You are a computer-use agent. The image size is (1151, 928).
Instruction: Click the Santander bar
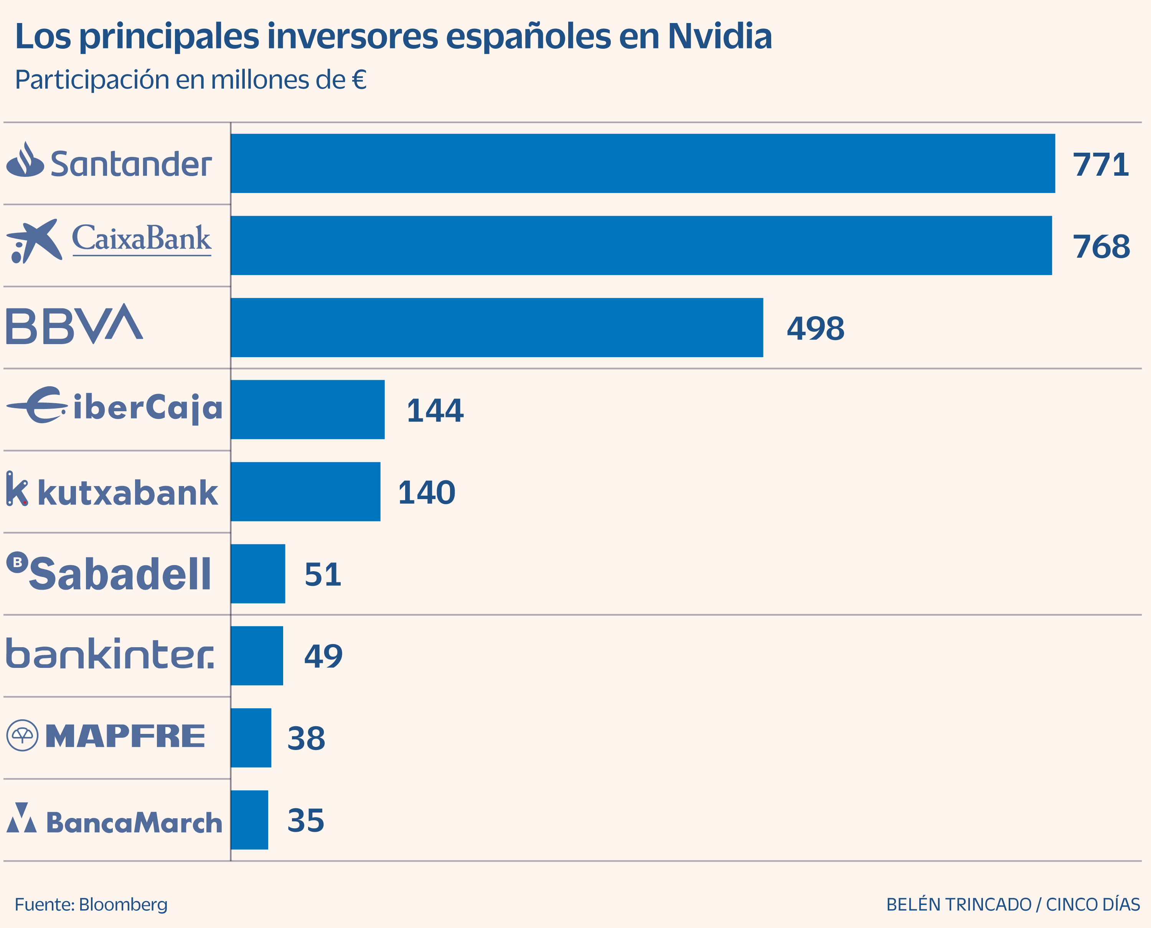(643, 163)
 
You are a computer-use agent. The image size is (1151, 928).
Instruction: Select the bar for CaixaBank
(641, 246)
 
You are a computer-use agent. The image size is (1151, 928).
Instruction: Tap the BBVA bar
(496, 327)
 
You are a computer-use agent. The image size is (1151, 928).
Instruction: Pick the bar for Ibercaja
(307, 409)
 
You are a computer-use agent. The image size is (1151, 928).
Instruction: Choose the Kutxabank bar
(305, 491)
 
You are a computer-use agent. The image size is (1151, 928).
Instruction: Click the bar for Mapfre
(251, 738)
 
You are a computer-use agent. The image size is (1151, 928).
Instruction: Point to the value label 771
(1100, 164)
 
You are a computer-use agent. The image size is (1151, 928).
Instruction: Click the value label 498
(815, 328)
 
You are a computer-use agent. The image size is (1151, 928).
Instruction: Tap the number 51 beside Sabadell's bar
(322, 575)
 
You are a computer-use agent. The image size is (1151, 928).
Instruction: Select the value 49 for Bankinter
(323, 656)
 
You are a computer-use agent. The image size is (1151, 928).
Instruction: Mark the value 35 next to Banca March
(305, 820)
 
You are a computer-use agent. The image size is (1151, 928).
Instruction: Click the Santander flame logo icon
(25, 160)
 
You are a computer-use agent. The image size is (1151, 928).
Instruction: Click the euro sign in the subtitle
(359, 80)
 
